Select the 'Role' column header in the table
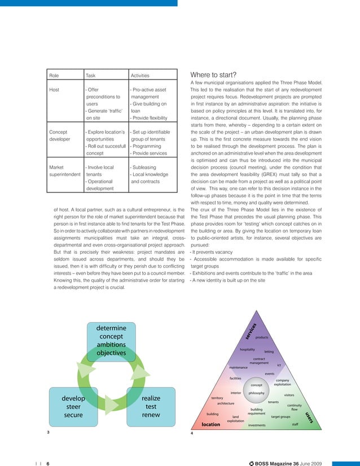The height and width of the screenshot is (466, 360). coord(55,76)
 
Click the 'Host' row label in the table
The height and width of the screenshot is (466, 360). coord(55,90)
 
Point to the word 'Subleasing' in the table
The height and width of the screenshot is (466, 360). coord(144,167)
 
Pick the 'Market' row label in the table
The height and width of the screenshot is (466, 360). coord(57,167)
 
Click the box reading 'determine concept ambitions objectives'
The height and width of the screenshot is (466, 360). coord(112,340)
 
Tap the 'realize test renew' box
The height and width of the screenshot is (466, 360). coord(151,406)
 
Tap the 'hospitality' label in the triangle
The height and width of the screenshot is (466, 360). coord(248,350)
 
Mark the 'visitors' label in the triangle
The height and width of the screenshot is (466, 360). coord(289,395)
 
